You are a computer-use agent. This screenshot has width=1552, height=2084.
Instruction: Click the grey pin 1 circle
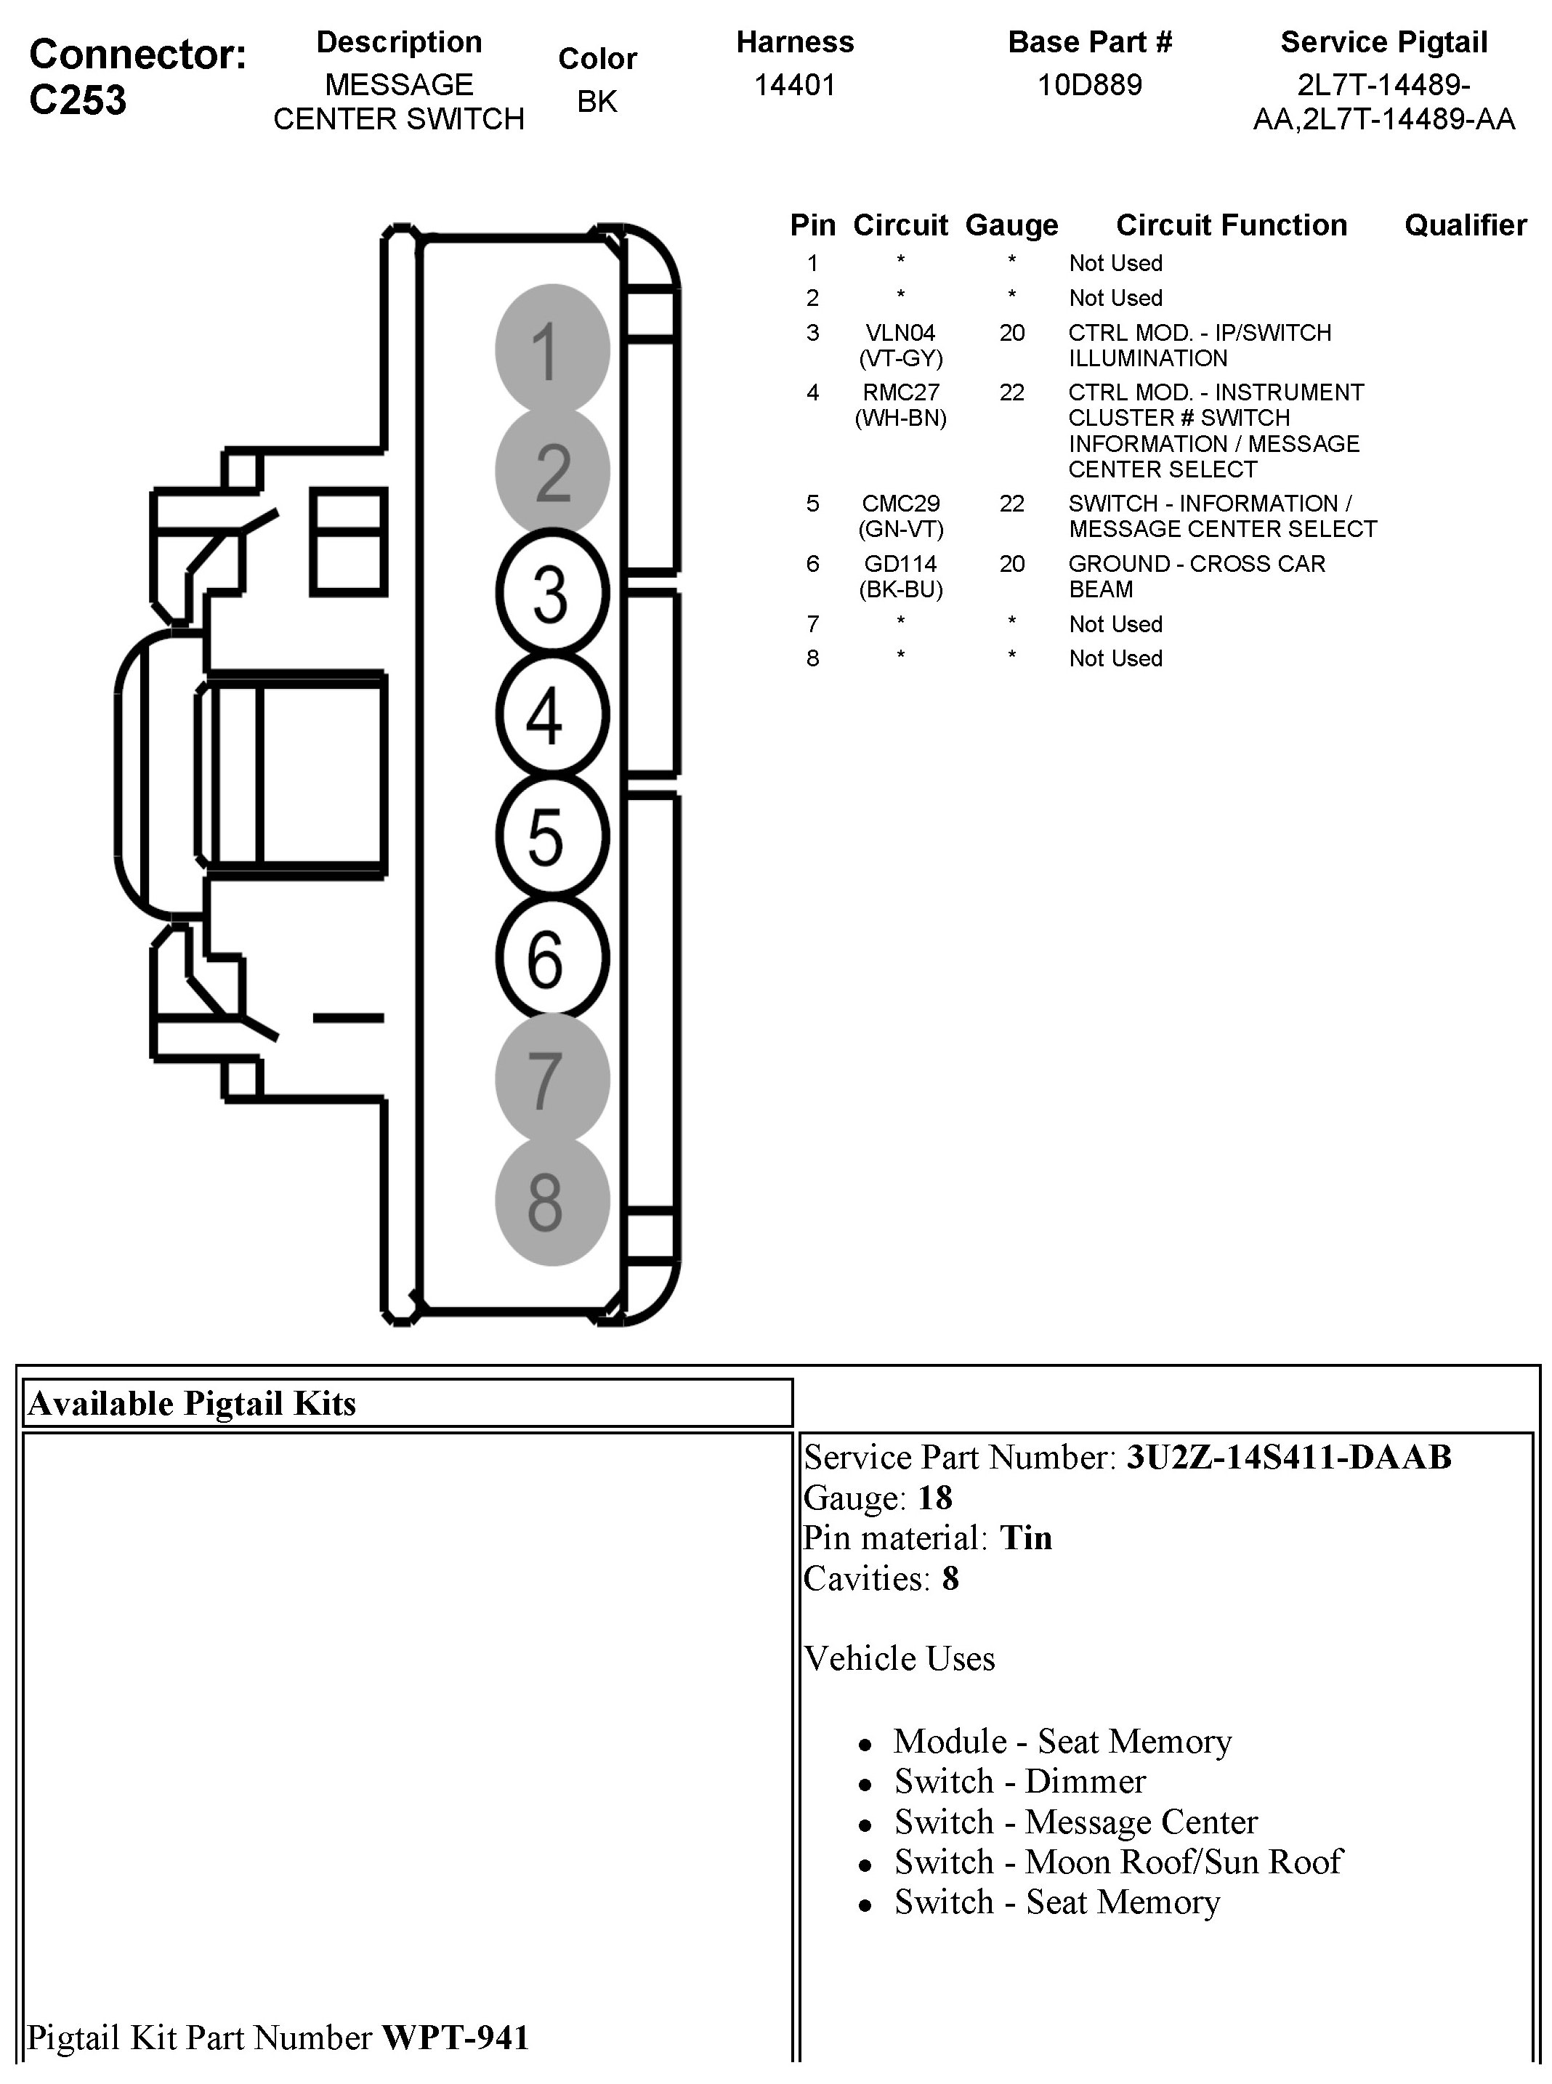click(x=552, y=350)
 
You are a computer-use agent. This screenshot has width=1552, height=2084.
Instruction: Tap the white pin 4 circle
click(x=552, y=715)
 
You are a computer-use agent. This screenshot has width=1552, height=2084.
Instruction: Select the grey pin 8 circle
click(x=552, y=1202)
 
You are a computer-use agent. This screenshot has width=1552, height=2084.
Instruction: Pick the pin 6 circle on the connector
click(x=552, y=958)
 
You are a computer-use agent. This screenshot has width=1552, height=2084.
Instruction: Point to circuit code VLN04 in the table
click(x=900, y=333)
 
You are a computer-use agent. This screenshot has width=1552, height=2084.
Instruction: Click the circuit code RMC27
click(x=900, y=392)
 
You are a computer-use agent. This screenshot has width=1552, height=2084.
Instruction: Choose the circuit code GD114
click(x=900, y=564)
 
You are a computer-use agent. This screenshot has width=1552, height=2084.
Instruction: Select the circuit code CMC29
click(x=900, y=504)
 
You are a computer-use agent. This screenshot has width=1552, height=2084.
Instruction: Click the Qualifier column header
click(x=1465, y=225)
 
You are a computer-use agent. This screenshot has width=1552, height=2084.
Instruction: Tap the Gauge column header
click(x=1011, y=225)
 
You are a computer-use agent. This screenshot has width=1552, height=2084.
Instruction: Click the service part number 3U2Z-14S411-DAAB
click(x=1289, y=1458)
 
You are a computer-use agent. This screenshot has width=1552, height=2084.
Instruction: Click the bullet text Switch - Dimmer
click(x=1019, y=1782)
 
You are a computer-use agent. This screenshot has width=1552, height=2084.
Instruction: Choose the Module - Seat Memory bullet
click(x=1062, y=1741)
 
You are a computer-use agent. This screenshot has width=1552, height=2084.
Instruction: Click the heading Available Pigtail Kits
click(x=193, y=1404)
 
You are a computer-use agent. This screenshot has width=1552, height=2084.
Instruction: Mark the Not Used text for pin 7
click(x=1115, y=625)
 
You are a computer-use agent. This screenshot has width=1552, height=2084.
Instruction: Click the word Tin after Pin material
click(x=1026, y=1538)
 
